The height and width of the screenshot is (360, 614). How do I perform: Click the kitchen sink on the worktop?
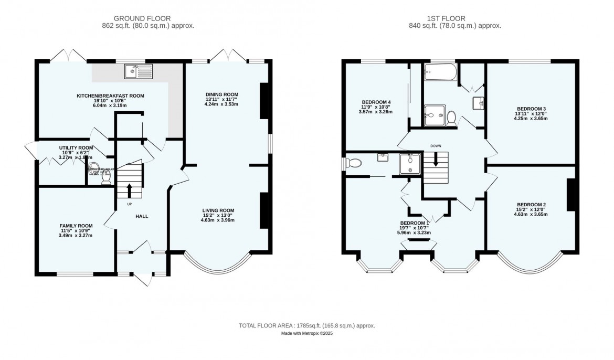(x=139, y=71)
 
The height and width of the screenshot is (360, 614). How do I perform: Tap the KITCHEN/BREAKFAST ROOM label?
(x=110, y=96)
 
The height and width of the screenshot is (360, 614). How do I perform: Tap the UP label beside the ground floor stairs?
(x=129, y=204)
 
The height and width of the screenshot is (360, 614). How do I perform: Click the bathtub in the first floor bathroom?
(x=440, y=73)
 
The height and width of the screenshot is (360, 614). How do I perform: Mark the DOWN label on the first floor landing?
(x=436, y=146)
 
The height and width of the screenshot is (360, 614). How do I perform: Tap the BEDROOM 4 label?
(x=376, y=102)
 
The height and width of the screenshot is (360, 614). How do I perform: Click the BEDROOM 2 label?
(x=531, y=205)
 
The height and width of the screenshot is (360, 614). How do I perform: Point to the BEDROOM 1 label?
(x=416, y=223)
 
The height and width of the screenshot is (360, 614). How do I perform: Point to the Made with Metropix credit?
(x=307, y=333)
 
